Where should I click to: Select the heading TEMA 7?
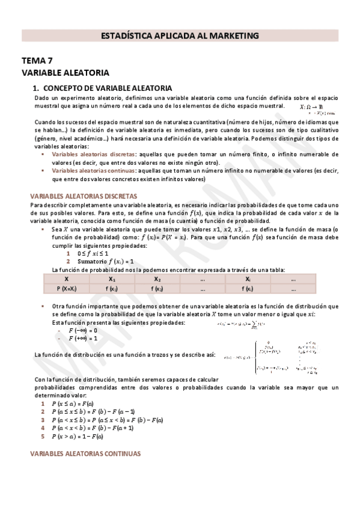point(37,61)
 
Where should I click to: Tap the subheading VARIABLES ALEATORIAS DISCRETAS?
point(84,196)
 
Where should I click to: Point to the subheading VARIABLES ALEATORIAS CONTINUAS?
point(85,453)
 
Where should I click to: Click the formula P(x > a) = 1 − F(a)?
point(90,436)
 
